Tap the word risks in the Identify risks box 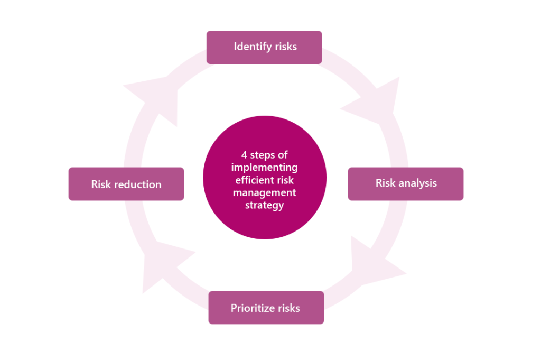pyautogui.click(x=286, y=47)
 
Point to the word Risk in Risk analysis pyautogui.click(x=385, y=183)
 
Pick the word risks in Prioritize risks pyautogui.click(x=288, y=308)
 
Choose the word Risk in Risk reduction pyautogui.click(x=101, y=184)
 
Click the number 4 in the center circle pyautogui.click(x=244, y=155)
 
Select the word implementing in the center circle pyautogui.click(x=264, y=168)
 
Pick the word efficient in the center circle pyautogui.click(x=255, y=180)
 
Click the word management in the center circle pyautogui.click(x=264, y=192)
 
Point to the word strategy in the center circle pyautogui.click(x=264, y=205)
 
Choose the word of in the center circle pyautogui.click(x=283, y=155)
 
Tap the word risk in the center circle pyautogui.click(x=285, y=180)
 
